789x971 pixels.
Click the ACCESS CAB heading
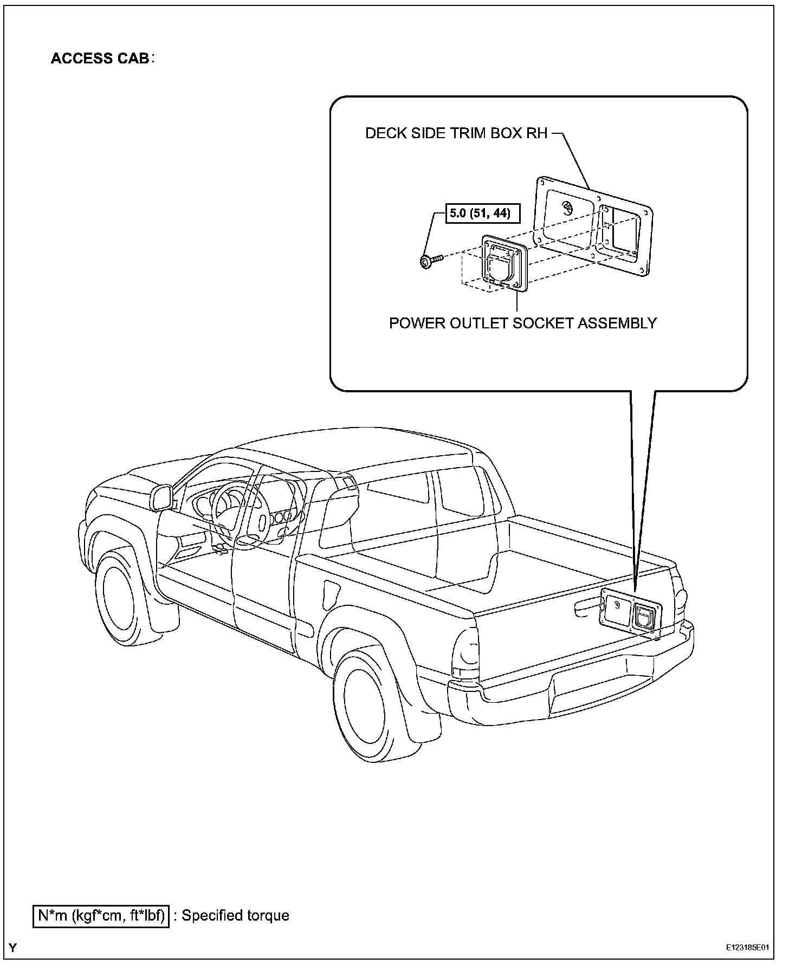(100, 58)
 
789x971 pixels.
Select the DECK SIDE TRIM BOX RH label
(456, 133)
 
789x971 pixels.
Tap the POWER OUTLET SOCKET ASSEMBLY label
(522, 323)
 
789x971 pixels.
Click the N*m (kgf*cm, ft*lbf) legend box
(101, 916)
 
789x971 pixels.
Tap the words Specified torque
(235, 916)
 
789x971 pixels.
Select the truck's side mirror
(162, 497)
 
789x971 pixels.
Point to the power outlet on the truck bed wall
(645, 614)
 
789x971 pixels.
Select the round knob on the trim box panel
(568, 209)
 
